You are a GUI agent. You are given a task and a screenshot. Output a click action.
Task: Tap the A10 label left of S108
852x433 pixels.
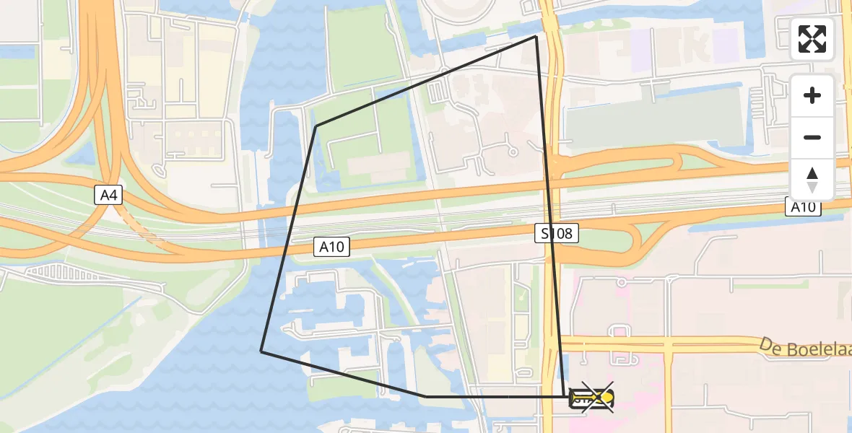click(333, 248)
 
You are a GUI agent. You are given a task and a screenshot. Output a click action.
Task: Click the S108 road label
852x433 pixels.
click(557, 233)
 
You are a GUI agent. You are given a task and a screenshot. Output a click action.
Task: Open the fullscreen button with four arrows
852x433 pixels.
click(812, 39)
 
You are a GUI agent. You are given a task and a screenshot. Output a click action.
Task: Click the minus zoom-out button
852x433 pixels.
click(812, 137)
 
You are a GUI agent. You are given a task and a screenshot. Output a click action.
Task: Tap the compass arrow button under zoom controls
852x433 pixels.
click(812, 179)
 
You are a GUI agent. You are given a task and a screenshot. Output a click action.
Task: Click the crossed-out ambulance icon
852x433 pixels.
click(593, 397)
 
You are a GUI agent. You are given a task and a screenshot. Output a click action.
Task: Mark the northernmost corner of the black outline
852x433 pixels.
click(536, 36)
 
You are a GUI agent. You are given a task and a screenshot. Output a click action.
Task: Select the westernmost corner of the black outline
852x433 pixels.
click(261, 351)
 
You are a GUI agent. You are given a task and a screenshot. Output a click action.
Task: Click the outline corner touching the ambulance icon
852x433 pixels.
click(564, 396)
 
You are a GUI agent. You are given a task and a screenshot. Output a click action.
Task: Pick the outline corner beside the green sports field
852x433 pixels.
click(316, 126)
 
